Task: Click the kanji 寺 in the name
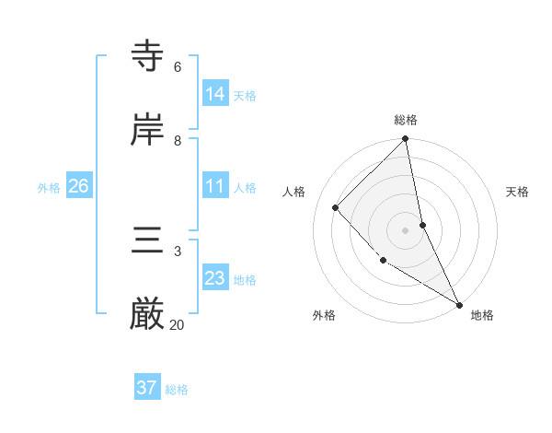tap(148, 56)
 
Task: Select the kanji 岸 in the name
tap(148, 129)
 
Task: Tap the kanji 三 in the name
tap(148, 240)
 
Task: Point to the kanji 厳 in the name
tap(148, 314)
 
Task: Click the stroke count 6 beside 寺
tap(178, 66)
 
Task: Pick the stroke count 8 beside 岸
tap(178, 140)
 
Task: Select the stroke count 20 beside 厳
tap(178, 324)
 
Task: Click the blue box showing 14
tap(214, 93)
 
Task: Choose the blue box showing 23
tap(214, 277)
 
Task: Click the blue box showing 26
tap(78, 186)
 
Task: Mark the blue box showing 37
tap(146, 388)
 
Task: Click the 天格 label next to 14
tap(245, 95)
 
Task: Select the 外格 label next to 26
tap(49, 187)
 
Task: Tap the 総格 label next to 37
tap(177, 390)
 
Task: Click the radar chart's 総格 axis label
tap(406, 120)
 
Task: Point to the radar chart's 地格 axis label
tap(482, 315)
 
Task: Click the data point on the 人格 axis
tap(336, 207)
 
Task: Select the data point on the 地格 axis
tap(458, 303)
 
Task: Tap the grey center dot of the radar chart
tap(406, 229)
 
